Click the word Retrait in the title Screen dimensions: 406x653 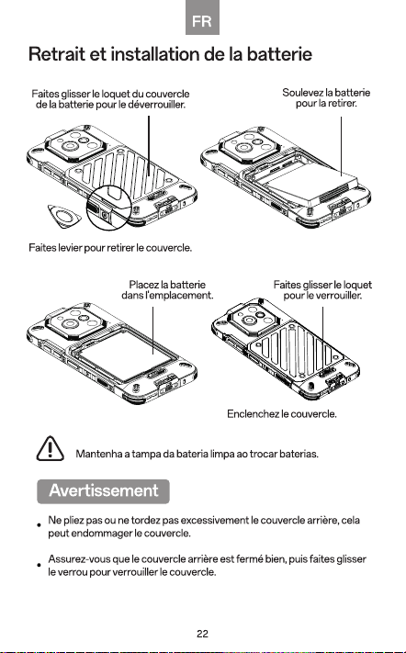[x=56, y=54]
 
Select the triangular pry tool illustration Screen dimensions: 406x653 [x=63, y=216]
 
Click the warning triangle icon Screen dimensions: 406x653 [x=50, y=448]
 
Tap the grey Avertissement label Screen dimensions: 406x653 [x=103, y=491]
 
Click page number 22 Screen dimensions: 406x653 [x=202, y=634]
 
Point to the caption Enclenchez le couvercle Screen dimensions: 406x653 [x=281, y=414]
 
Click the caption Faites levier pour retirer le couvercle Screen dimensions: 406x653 [x=110, y=248]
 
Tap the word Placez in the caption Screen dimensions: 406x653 [x=143, y=285]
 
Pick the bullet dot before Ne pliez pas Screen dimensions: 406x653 [x=39, y=524]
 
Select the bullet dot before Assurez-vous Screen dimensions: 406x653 [x=39, y=565]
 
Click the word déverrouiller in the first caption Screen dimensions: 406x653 [x=156, y=105]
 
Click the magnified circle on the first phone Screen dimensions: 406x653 [x=108, y=208]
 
